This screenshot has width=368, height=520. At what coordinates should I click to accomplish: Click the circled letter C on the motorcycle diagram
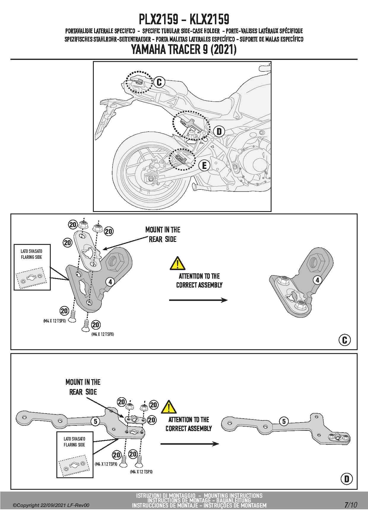159,82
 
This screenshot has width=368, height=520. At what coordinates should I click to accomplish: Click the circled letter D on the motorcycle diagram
219,131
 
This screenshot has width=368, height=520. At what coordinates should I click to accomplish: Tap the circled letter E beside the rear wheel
204,165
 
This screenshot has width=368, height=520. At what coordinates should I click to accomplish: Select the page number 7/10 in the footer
351,505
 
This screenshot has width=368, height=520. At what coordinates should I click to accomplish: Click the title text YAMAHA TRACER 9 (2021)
184,50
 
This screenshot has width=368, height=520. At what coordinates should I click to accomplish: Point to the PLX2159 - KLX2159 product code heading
184,20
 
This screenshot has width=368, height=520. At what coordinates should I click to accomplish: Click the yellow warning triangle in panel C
177,263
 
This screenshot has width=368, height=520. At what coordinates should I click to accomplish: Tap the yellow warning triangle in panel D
169,407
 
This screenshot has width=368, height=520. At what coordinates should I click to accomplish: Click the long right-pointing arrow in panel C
198,300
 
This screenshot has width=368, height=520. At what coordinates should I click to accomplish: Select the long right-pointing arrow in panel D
190,444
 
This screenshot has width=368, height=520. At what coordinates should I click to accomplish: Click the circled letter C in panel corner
345,340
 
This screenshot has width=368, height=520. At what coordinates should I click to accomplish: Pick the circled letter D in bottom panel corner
347,479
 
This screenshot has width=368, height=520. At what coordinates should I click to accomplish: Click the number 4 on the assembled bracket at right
318,280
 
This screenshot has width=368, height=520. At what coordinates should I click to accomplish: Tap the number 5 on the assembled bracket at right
284,421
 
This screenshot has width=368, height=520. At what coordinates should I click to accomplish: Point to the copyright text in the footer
51,505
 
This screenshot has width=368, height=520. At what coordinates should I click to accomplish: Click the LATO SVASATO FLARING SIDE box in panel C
32,267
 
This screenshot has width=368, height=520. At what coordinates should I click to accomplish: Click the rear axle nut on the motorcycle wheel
151,179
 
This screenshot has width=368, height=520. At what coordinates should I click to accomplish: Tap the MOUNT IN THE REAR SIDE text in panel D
83,387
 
